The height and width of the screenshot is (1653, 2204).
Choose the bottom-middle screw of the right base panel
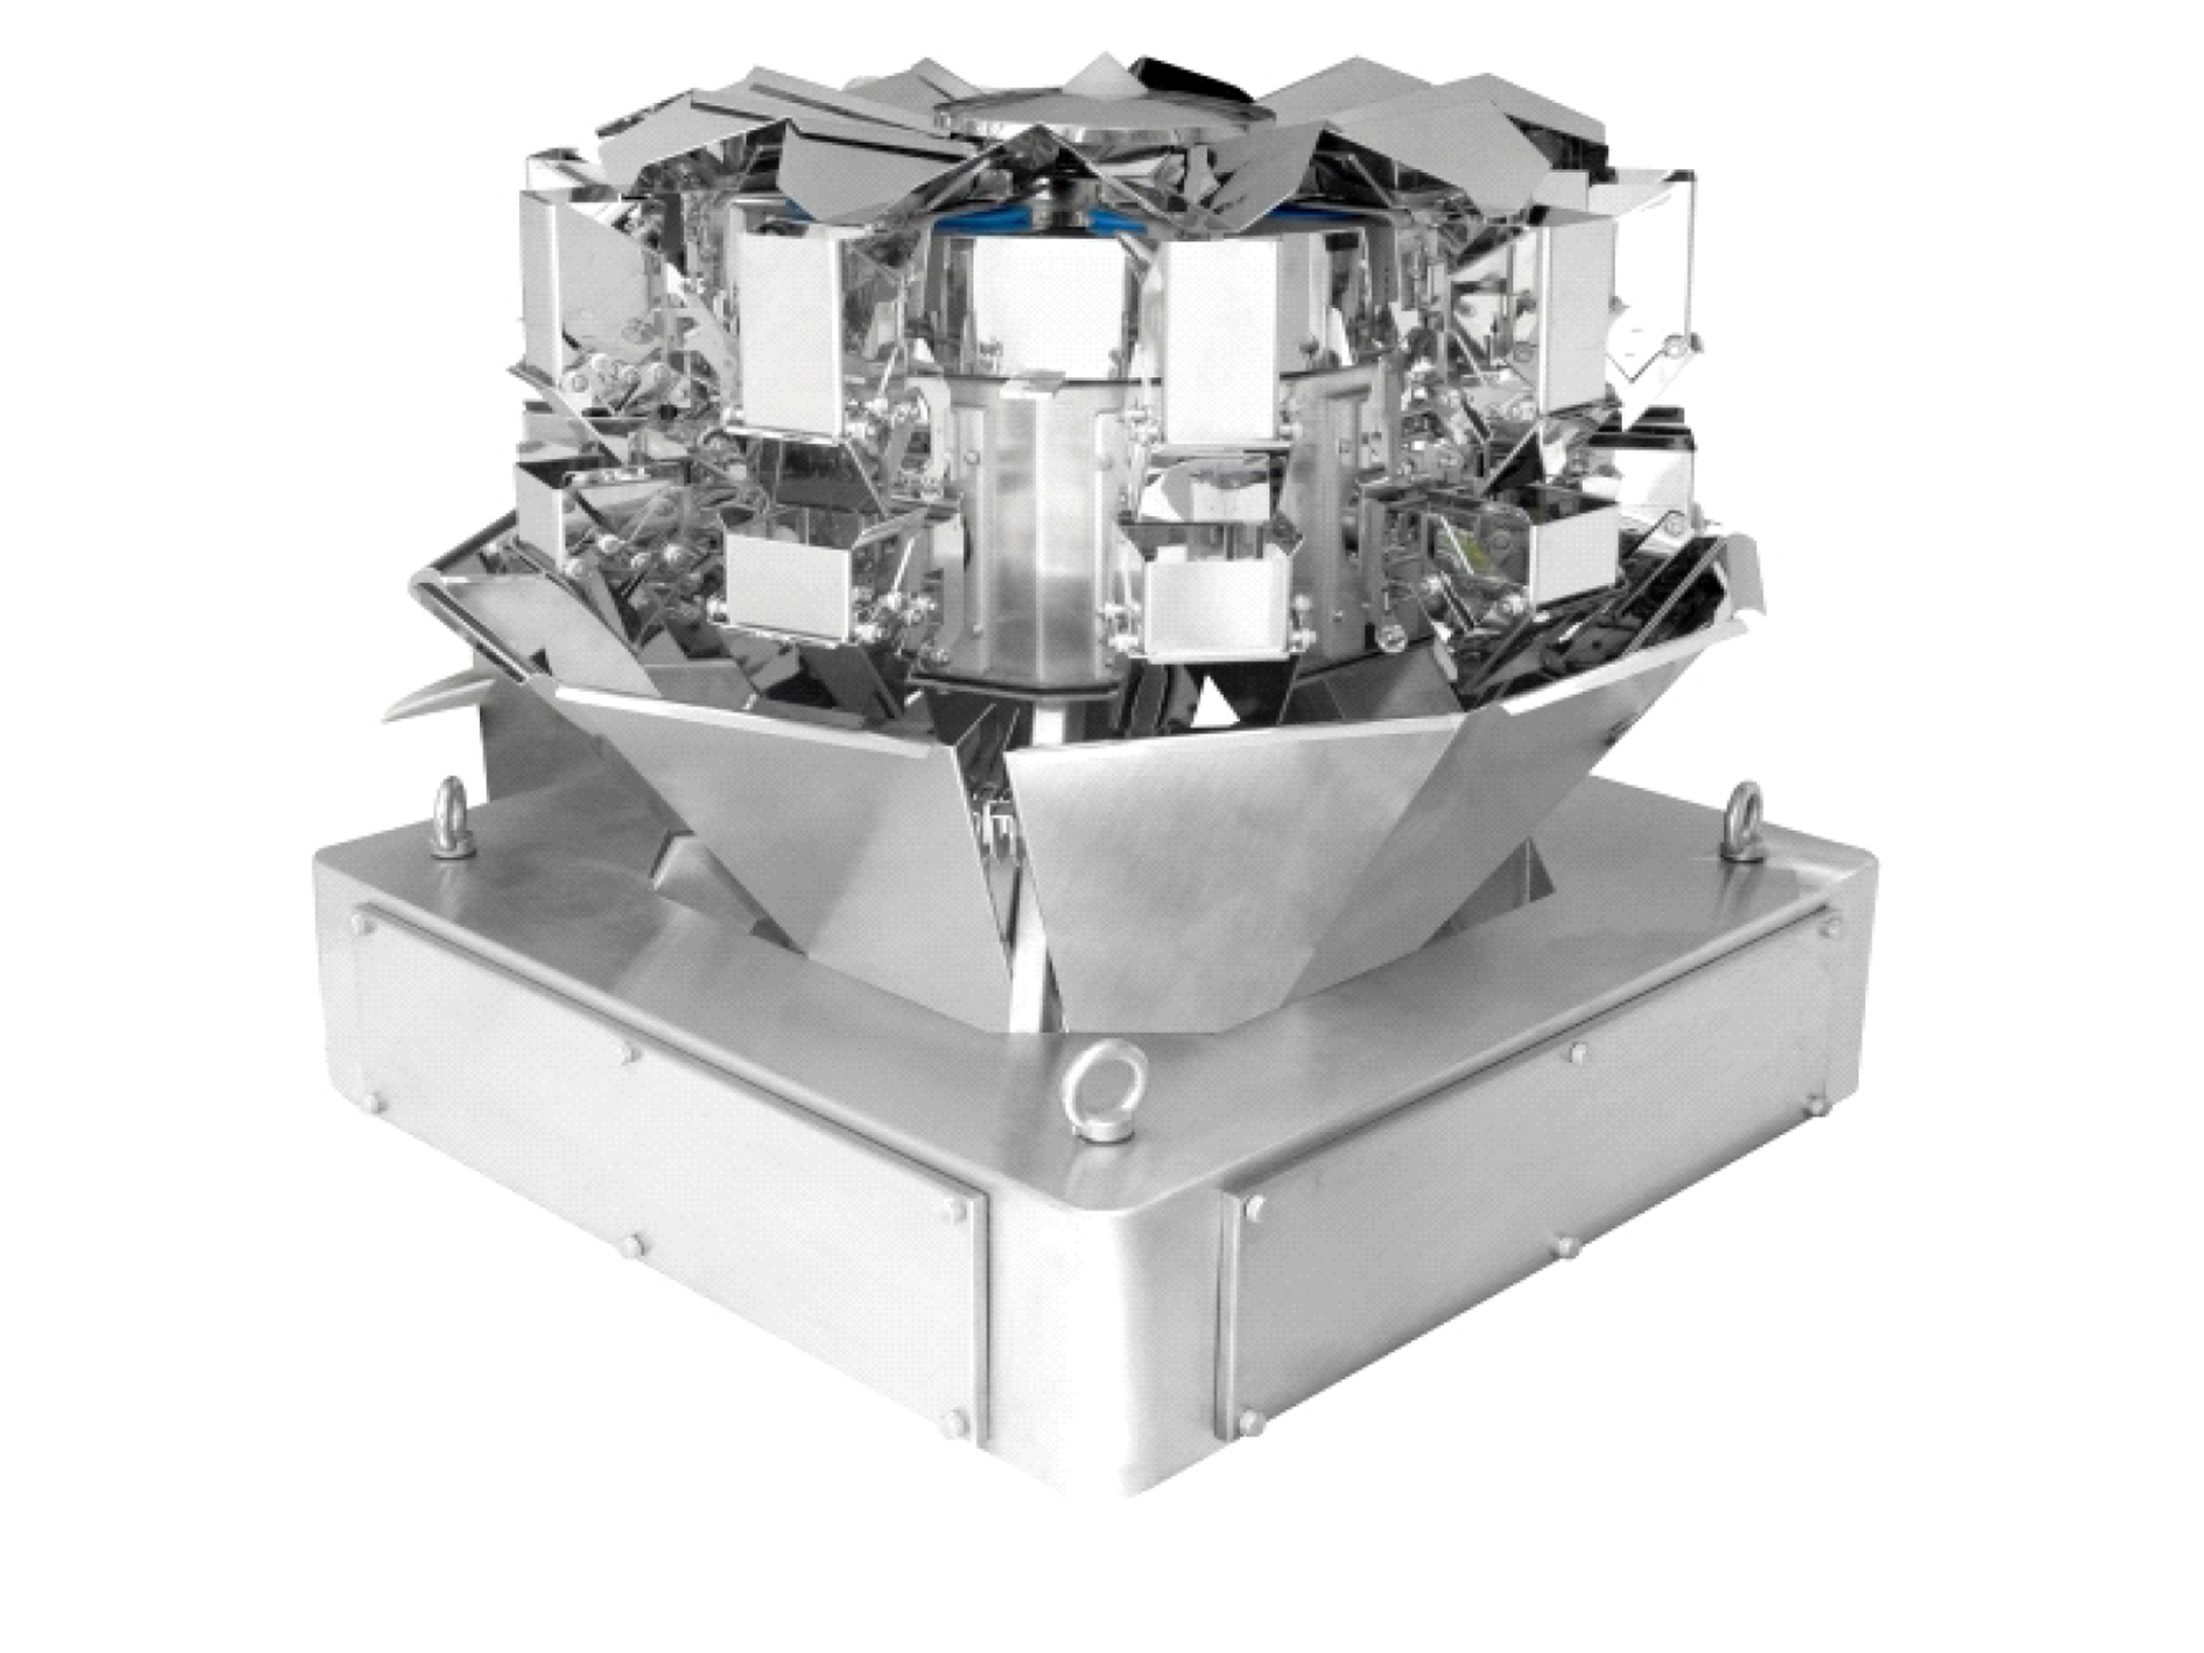point(1566,1247)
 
